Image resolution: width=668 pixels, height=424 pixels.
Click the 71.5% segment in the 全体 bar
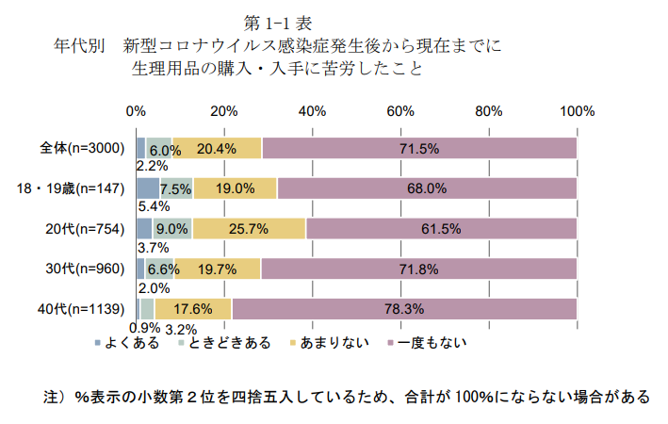point(419,148)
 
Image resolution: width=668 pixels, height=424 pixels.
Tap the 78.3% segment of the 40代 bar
point(404,308)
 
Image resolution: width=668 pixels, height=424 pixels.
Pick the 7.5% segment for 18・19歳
point(176,188)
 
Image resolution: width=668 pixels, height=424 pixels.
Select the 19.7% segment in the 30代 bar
point(217,269)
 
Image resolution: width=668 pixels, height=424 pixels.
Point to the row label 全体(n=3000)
point(82,148)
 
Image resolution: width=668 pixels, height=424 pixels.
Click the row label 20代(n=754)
point(87,228)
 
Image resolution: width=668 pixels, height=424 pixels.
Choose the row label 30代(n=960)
point(87,269)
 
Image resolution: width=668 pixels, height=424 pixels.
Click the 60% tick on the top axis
point(400,112)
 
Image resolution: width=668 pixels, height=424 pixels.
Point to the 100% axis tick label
point(577,112)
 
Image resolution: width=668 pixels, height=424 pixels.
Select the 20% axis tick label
point(223,112)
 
